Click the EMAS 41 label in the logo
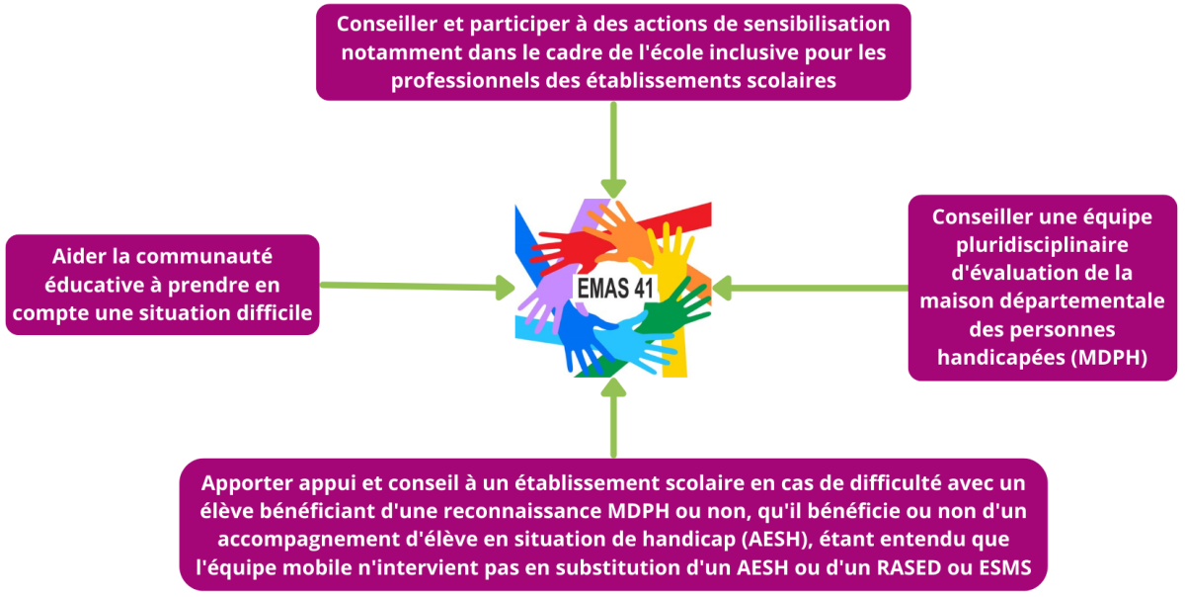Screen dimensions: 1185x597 click(x=615, y=289)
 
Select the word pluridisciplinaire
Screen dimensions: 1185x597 click(x=1042, y=245)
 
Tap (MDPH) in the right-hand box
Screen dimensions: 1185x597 click(x=1109, y=358)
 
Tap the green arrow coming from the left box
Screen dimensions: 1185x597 click(x=418, y=287)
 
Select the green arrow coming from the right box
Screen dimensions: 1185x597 click(x=810, y=289)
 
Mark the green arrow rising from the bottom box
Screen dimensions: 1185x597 click(x=613, y=417)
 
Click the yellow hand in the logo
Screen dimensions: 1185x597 click(x=669, y=254)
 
